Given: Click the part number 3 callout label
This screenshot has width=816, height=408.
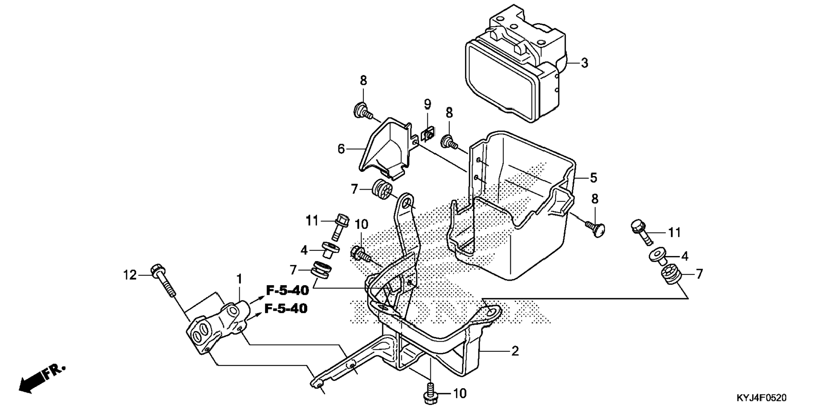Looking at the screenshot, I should point(584,63).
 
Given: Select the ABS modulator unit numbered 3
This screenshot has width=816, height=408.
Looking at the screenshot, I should point(515,63).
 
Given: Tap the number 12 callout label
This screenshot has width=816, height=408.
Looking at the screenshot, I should point(130,275).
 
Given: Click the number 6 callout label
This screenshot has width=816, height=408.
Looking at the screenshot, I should point(341,149).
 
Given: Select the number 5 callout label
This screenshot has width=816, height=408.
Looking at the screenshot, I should point(594,178).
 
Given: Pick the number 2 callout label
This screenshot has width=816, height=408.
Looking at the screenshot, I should point(515,351).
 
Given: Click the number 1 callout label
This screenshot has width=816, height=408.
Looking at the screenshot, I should point(239,279).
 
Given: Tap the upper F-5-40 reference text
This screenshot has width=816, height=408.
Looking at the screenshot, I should point(287,291).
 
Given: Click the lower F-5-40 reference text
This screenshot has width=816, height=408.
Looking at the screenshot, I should point(286,309).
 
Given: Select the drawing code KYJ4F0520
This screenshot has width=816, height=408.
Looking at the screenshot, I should point(762,398).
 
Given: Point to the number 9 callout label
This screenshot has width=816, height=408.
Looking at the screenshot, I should point(427,103).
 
